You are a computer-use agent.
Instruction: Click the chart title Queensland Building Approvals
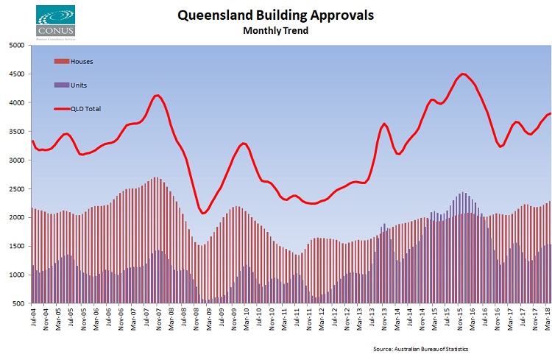[x=275, y=15]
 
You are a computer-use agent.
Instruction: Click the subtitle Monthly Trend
[x=275, y=31]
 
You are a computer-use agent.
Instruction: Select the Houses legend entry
[x=82, y=61]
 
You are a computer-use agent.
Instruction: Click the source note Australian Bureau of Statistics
[x=420, y=347]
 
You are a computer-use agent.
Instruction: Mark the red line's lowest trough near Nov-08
[x=204, y=213]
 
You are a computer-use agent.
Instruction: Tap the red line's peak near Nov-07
[x=156, y=95]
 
